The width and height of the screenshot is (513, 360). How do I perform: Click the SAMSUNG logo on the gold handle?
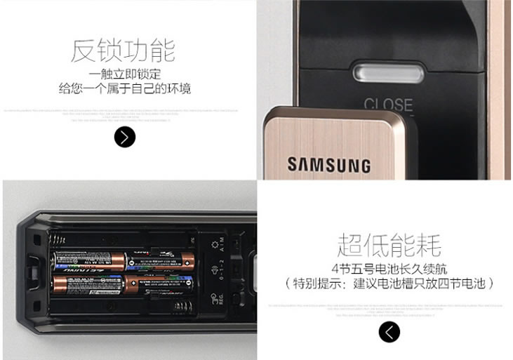[328, 165]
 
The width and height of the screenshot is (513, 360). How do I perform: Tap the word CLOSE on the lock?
[387, 105]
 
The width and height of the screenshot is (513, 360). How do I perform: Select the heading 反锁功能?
[123, 51]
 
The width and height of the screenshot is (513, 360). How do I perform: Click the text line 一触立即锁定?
[126, 74]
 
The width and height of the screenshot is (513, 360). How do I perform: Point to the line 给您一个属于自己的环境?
[125, 89]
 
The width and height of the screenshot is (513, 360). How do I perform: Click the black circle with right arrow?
[124, 137]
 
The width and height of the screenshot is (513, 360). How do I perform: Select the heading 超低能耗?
[389, 246]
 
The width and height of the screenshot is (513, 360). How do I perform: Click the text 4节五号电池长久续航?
[389, 269]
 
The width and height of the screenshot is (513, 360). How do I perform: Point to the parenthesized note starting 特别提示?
[389, 284]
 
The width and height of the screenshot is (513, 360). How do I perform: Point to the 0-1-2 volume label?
[224, 271]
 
